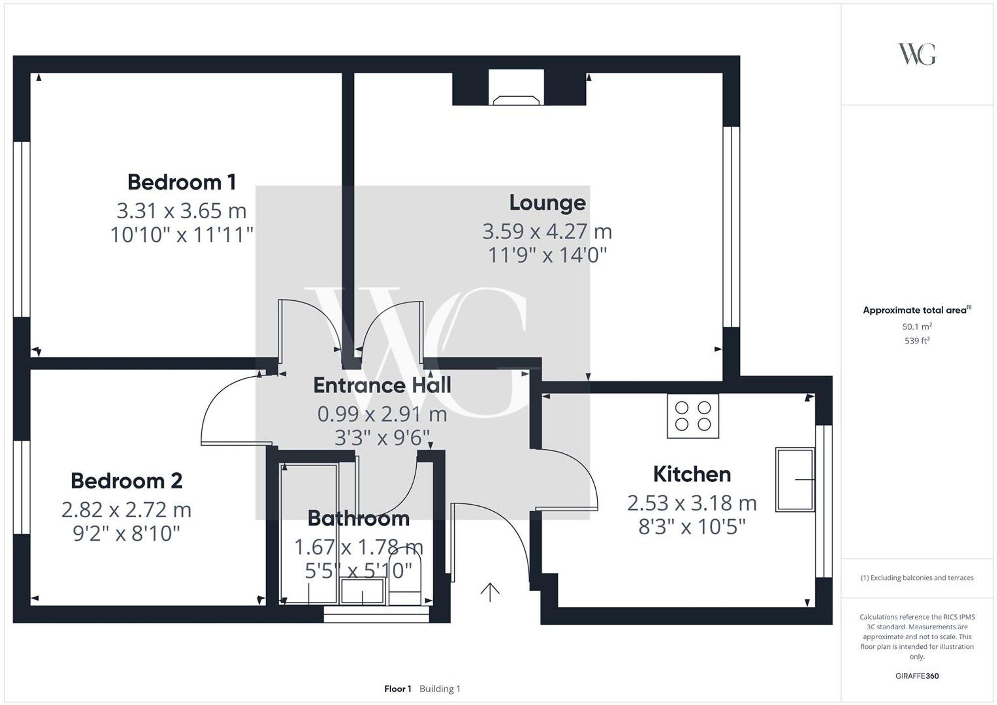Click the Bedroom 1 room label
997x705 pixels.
[181, 182]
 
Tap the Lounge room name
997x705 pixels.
[547, 203]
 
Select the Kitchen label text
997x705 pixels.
[691, 474]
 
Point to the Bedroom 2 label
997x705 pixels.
[126, 481]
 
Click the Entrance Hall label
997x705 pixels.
[382, 386]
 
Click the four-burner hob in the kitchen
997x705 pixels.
[692, 416]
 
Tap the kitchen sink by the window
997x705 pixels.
[795, 479]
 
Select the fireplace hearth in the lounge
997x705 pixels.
[516, 100]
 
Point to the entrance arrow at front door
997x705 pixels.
[490, 592]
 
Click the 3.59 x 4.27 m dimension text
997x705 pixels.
[547, 232]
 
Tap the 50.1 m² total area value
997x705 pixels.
[917, 327]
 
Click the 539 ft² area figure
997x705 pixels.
[917, 341]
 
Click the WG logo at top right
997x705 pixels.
[917, 54]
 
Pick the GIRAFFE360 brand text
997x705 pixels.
[917, 676]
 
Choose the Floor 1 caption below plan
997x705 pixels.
[397, 689]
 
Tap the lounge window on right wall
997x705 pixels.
[731, 227]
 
